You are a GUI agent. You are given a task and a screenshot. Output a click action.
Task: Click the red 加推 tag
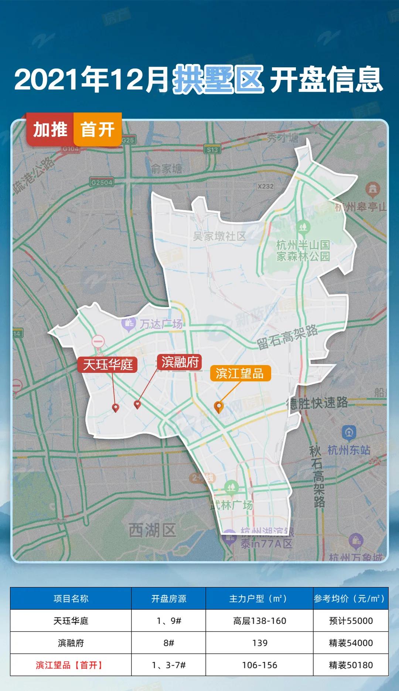pyautogui.click(x=50, y=130)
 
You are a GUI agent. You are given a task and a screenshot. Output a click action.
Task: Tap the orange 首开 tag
pyautogui.click(x=98, y=130)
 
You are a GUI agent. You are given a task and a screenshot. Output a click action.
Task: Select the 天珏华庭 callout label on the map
pyautogui.click(x=108, y=365)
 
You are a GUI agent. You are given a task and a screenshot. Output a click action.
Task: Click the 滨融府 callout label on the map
pyautogui.click(x=180, y=362)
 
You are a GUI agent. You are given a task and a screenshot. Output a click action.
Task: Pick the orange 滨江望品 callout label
pyautogui.click(x=240, y=373)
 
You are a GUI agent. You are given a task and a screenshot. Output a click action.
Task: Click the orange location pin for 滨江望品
pyautogui.click(x=219, y=407)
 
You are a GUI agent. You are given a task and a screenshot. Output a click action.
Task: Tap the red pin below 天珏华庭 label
pyautogui.click(x=116, y=408)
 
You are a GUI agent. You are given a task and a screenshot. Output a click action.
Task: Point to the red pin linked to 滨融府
pyautogui.click(x=137, y=405)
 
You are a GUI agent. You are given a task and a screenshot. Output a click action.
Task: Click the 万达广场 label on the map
pyautogui.click(x=161, y=324)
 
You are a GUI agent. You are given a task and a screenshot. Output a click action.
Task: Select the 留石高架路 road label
pyautogui.click(x=287, y=337)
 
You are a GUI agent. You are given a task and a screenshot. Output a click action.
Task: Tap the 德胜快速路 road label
pyautogui.click(x=317, y=402)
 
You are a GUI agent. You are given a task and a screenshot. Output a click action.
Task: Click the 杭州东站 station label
pyautogui.click(x=349, y=450)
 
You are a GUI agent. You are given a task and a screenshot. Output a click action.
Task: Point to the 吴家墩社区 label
pyautogui.click(x=219, y=236)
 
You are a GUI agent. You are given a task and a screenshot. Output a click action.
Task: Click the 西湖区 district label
pyautogui.click(x=152, y=530)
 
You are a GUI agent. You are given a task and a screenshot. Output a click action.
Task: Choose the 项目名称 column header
pyautogui.click(x=71, y=599)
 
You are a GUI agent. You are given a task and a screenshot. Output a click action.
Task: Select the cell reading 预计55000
pyautogui.click(x=351, y=621)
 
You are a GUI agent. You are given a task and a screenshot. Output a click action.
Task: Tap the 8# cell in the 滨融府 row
pyautogui.click(x=168, y=643)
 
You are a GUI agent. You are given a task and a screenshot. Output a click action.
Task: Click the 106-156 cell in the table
pyautogui.click(x=259, y=665)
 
